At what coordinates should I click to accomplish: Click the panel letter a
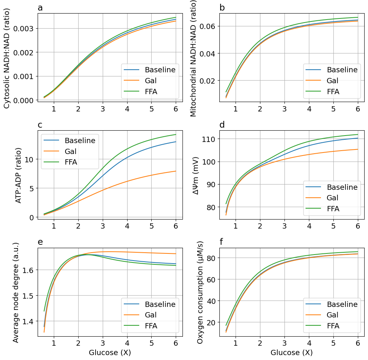pos(40,8)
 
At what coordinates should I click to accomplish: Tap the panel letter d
pos(222,125)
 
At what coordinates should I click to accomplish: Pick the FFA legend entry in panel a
pos(151,91)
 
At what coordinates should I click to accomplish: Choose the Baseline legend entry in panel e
pos(160,304)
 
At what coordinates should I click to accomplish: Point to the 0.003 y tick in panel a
pos(23,29)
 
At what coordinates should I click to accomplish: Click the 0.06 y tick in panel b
pos(209,26)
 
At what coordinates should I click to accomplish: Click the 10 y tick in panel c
pos(29,159)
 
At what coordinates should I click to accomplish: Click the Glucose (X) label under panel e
pos(110,353)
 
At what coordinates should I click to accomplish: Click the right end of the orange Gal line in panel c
pos(176,171)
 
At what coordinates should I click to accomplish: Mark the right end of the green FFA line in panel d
pos(357,134)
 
